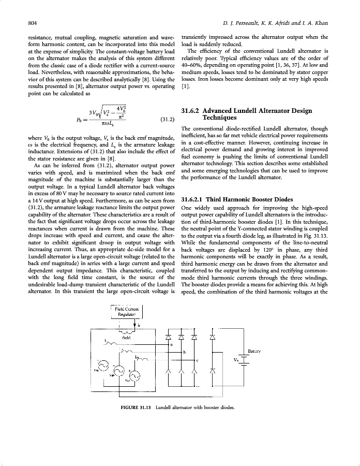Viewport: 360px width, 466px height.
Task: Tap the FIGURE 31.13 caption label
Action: tap(136, 407)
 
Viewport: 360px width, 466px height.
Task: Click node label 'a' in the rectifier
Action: tap(171, 344)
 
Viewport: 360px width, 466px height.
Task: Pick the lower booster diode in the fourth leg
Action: tap(212, 371)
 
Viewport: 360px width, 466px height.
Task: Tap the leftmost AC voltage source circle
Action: tap(103, 366)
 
